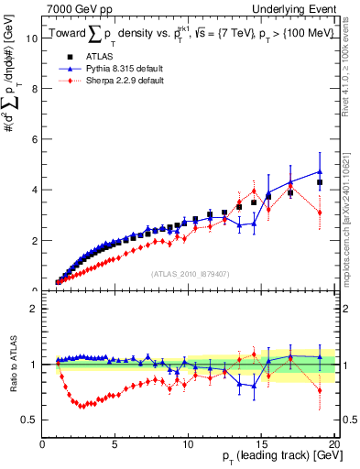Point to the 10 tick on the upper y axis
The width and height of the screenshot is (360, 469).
[33, 38]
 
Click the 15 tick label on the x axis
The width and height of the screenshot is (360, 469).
[261, 445]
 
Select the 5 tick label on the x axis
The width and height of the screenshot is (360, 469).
[115, 445]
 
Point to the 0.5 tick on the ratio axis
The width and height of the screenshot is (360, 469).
[30, 420]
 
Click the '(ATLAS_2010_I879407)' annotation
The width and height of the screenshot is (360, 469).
[189, 274]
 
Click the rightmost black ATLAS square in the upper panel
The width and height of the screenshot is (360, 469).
[320, 183]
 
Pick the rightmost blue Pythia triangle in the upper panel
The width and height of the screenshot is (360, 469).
[320, 171]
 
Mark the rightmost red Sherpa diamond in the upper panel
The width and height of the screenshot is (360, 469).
[320, 213]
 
